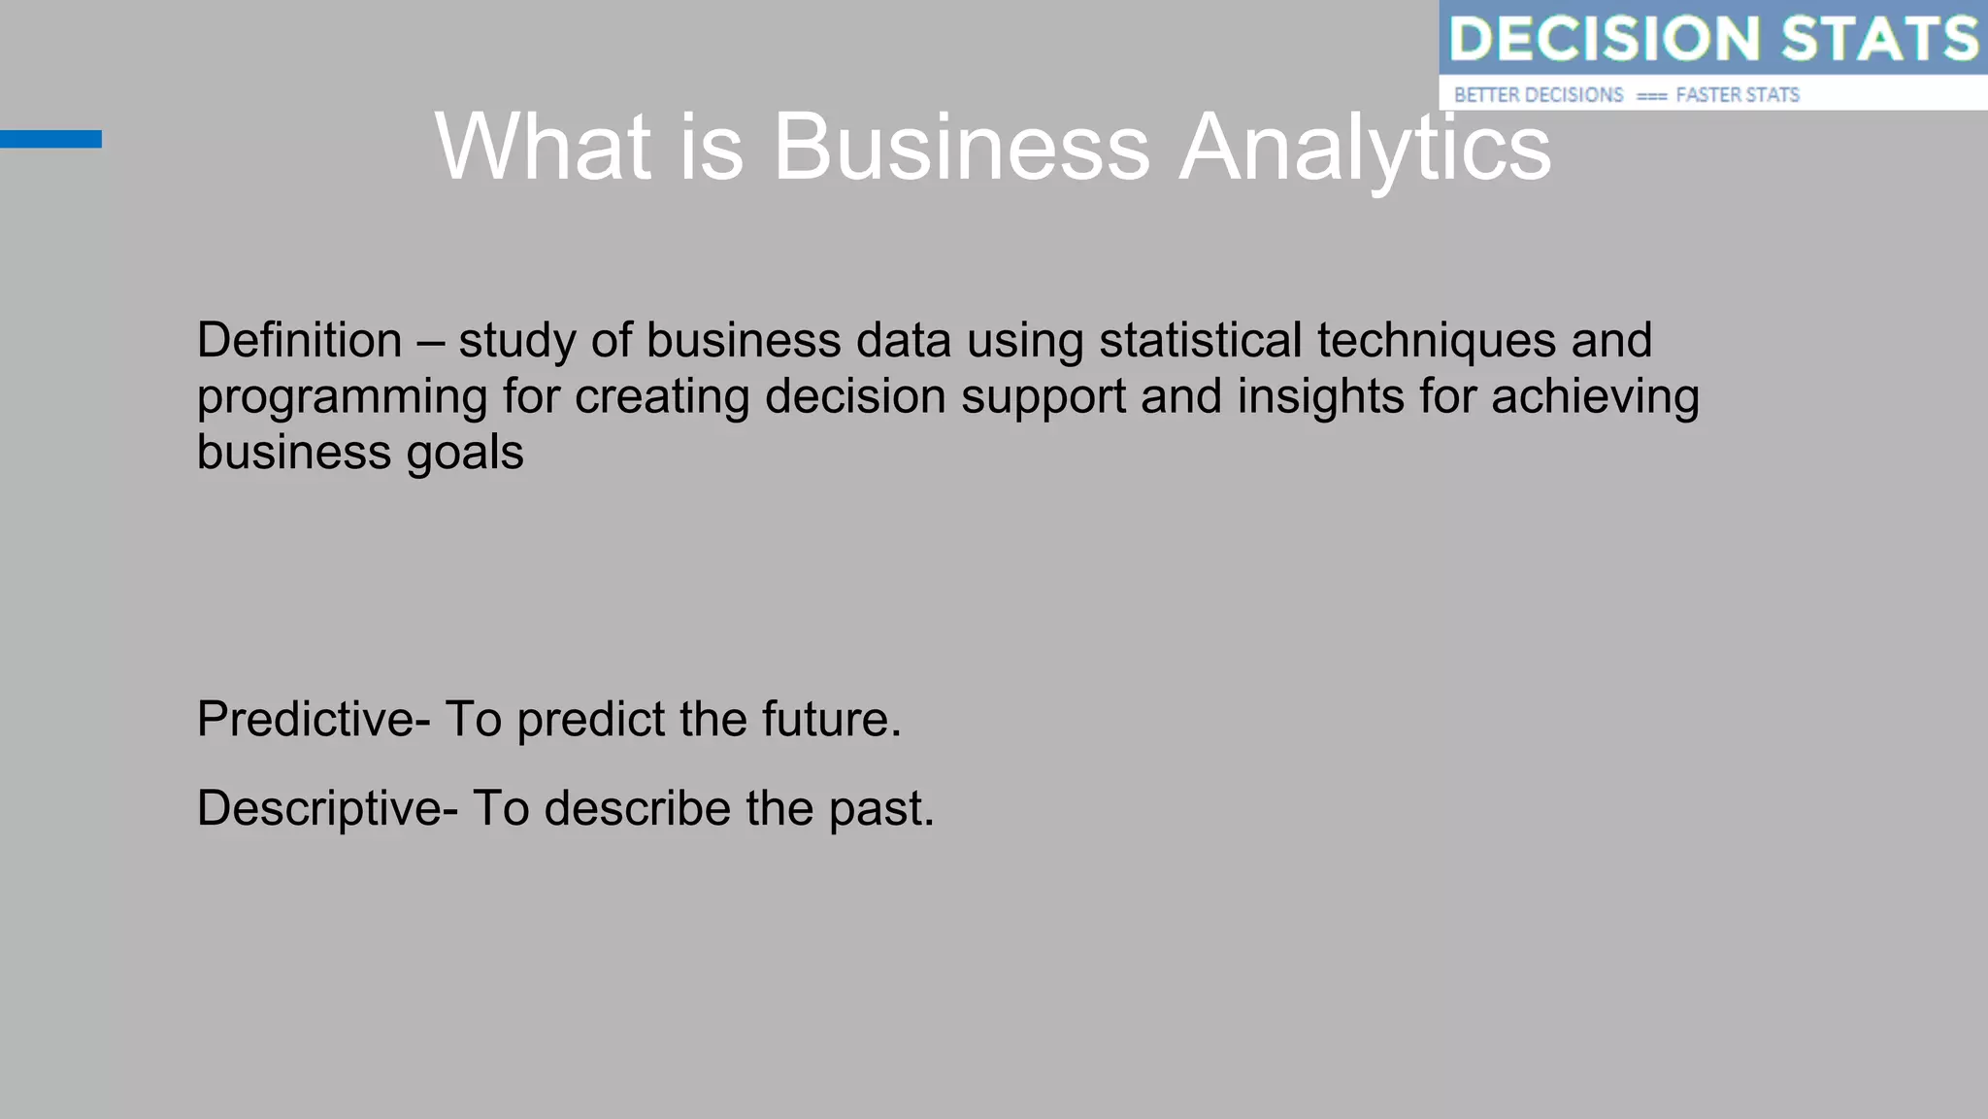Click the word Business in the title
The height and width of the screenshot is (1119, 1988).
coord(960,148)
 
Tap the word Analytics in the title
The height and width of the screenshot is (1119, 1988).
coord(1364,148)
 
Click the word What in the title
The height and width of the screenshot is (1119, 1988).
coord(543,148)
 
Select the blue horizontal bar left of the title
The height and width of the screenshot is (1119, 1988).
coord(50,139)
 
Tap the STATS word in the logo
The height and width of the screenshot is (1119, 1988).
coord(1879,39)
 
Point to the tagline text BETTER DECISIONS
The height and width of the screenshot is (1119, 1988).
coord(1539,95)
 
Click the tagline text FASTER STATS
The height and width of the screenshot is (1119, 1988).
coord(1738,95)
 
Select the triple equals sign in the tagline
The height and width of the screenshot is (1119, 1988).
coord(1651,96)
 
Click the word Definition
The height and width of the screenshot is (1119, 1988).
coord(299,341)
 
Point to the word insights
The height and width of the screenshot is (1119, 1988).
coord(1320,396)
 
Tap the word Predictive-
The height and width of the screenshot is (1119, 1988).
coord(313,720)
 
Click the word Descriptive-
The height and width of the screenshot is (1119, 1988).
coord(326,809)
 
